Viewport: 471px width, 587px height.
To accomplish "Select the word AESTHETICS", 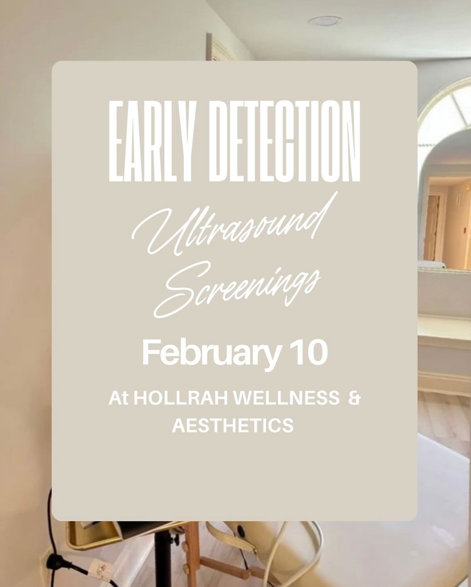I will pyautogui.click(x=232, y=425).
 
